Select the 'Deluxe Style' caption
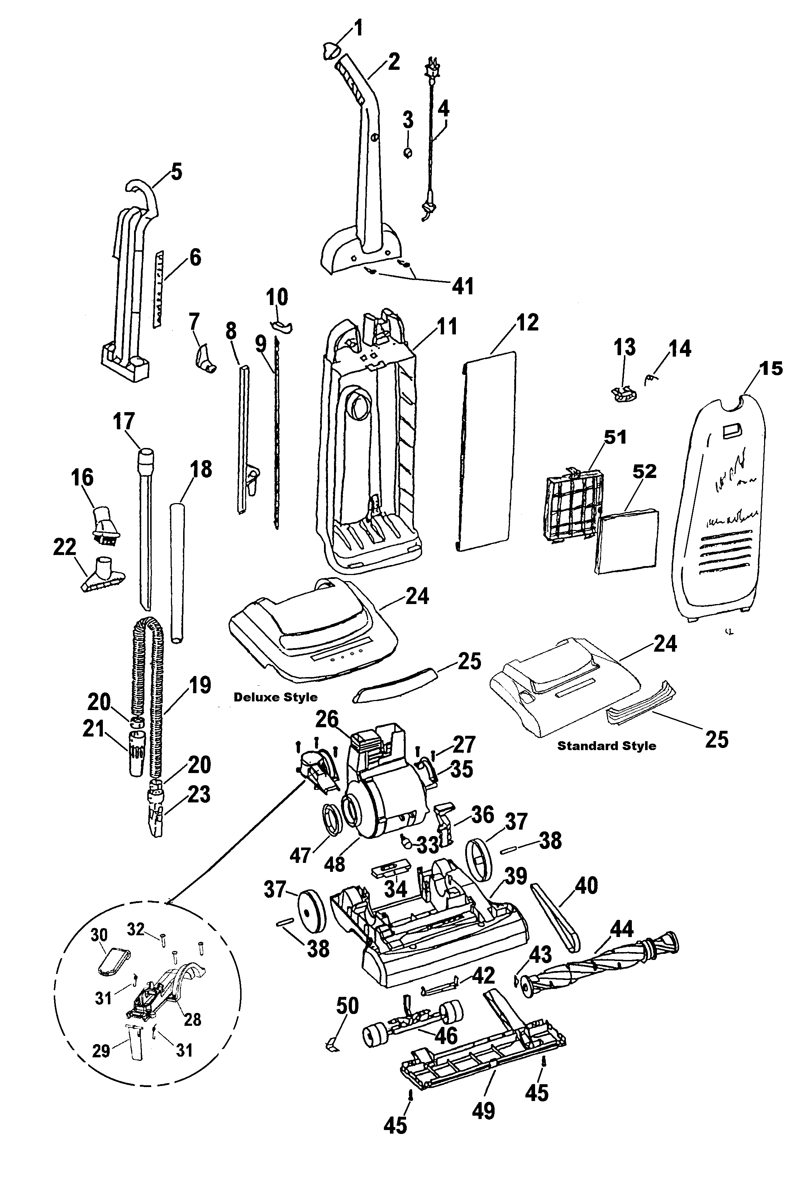tap(276, 697)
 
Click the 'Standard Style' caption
tap(606, 745)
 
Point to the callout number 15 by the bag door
tap(770, 368)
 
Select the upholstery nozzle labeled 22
tap(102, 575)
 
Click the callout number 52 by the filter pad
tap(644, 472)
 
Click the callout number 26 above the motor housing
tap(327, 719)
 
